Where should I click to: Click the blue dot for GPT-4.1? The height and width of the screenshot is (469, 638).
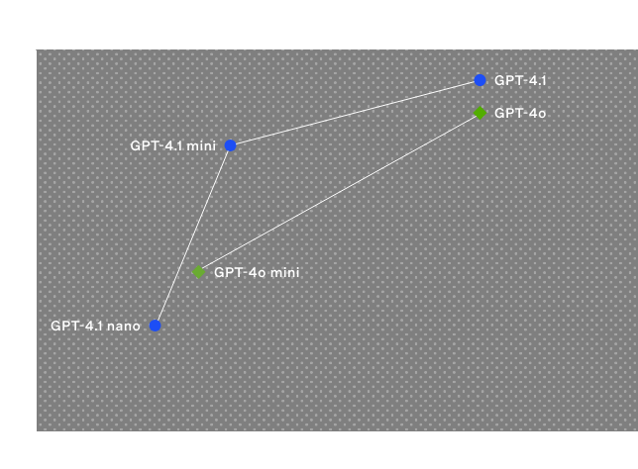point(479,80)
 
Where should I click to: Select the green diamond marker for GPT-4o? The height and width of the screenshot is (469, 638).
point(479,113)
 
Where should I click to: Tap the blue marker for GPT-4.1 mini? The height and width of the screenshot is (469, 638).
point(230,145)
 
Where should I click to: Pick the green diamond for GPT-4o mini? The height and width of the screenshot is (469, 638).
point(198,271)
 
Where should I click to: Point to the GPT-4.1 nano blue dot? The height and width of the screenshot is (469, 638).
point(155,325)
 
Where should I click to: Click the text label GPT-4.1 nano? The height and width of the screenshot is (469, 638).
point(95,325)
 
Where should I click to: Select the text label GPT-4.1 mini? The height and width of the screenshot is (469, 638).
point(172,145)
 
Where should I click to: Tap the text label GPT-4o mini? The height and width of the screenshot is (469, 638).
point(257,271)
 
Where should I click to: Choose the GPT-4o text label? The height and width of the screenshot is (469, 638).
point(520,113)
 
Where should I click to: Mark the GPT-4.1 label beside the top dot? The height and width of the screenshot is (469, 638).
point(520,80)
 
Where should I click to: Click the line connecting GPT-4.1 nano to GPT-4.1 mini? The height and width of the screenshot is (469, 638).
point(192,235)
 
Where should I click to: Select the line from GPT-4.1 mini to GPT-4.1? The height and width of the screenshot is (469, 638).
point(355,113)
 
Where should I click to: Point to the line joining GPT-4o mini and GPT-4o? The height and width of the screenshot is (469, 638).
point(339,192)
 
